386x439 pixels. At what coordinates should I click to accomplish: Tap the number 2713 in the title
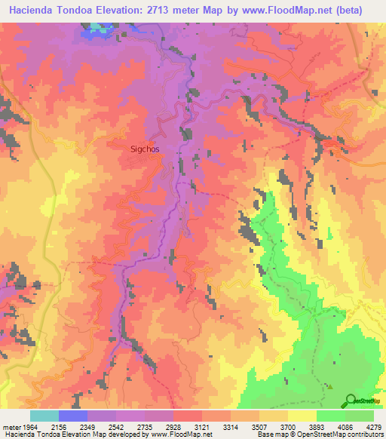(x=173, y=11)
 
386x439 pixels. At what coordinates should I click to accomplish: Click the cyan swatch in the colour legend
(x=44, y=416)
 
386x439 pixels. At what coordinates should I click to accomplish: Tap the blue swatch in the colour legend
(x=73, y=416)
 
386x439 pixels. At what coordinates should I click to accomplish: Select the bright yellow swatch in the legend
(x=302, y=416)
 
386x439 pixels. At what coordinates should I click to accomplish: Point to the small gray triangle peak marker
(x=329, y=387)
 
